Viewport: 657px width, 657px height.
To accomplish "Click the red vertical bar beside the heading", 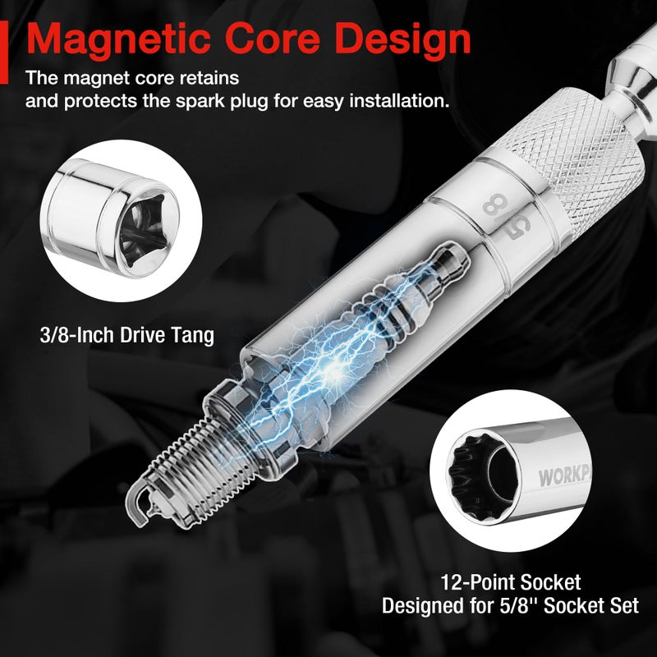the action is pos(4,53).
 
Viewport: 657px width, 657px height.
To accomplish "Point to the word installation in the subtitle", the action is pos(399,100).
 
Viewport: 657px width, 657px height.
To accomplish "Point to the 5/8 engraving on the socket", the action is pos(506,216).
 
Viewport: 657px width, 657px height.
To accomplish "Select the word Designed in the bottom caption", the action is pos(422,606).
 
